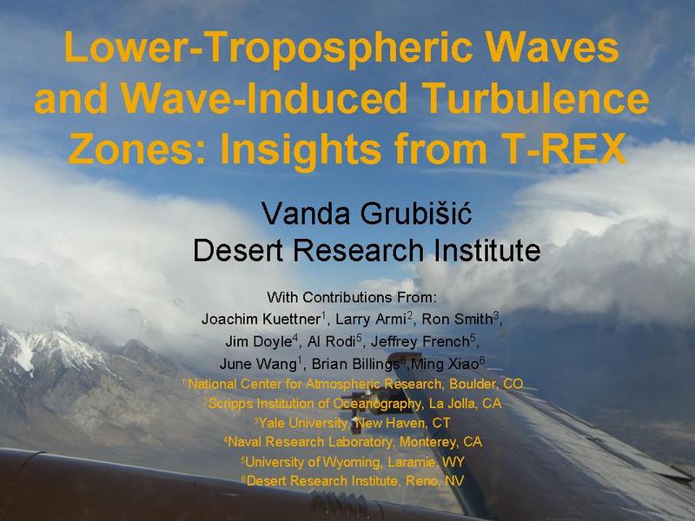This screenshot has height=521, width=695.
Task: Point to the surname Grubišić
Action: (415, 213)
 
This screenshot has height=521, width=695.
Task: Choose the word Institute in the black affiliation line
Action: (486, 249)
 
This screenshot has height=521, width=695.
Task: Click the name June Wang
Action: (258, 364)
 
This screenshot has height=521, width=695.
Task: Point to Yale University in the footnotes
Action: (303, 423)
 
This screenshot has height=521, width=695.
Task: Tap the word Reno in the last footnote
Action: (421, 481)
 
